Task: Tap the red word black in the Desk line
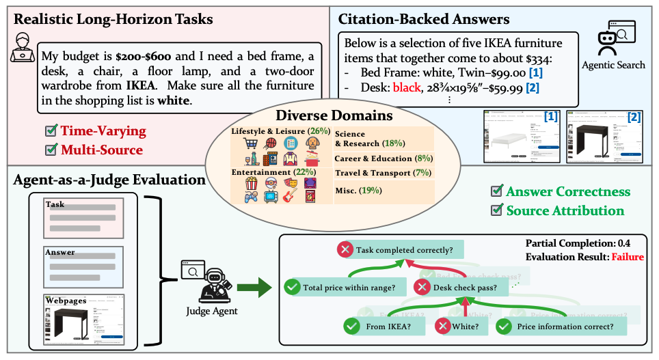point(405,87)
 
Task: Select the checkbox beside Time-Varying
point(51,130)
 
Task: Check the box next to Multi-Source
point(51,149)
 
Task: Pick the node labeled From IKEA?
point(384,326)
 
